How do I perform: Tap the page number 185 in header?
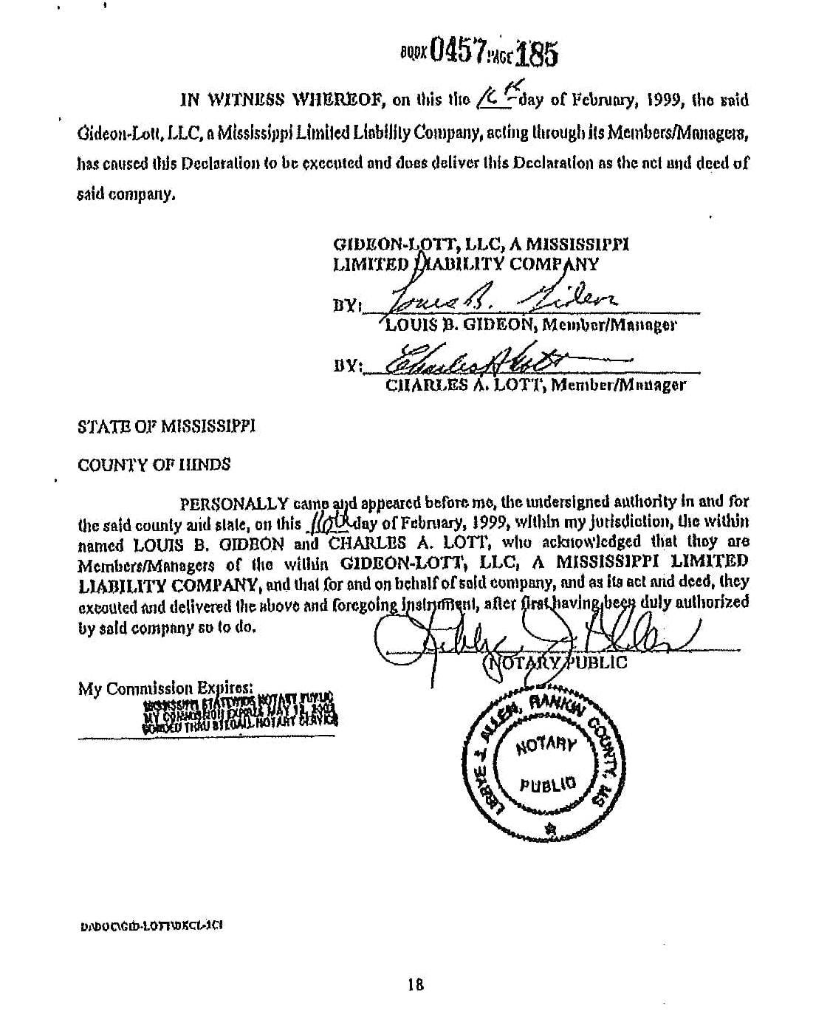[536, 53]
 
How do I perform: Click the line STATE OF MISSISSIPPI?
[166, 426]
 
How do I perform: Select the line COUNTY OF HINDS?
[154, 465]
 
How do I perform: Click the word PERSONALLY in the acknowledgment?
[234, 504]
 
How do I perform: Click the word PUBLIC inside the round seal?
[546, 785]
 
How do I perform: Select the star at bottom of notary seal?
[549, 829]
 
